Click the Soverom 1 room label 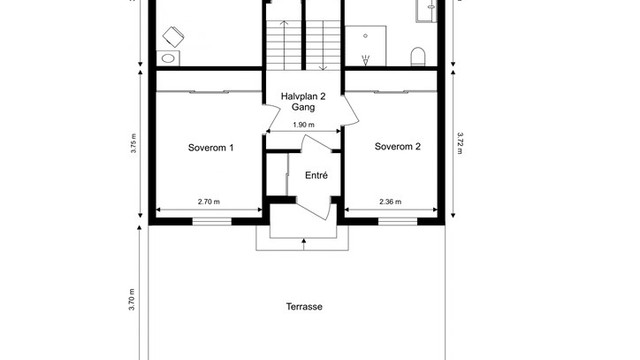pos(211,147)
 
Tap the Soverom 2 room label pos(398,147)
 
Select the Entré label pos(316,176)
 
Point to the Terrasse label pos(304,307)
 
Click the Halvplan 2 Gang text pos(303,102)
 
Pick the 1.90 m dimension pos(304,125)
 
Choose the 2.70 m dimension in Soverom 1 pos(209,202)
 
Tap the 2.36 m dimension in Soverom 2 pos(390,202)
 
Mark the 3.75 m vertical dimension pos(133,144)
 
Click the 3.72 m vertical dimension pos(460,143)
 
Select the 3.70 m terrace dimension pos(131,300)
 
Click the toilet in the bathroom pos(418,57)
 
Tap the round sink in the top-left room pos(168,58)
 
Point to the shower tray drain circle pos(365,36)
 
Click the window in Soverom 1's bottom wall pos(212,221)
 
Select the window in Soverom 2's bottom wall pos(398,221)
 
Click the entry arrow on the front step pos(304,244)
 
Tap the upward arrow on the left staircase pos(284,45)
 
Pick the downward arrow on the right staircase pos(323,46)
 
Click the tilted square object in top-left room pos(173,37)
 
